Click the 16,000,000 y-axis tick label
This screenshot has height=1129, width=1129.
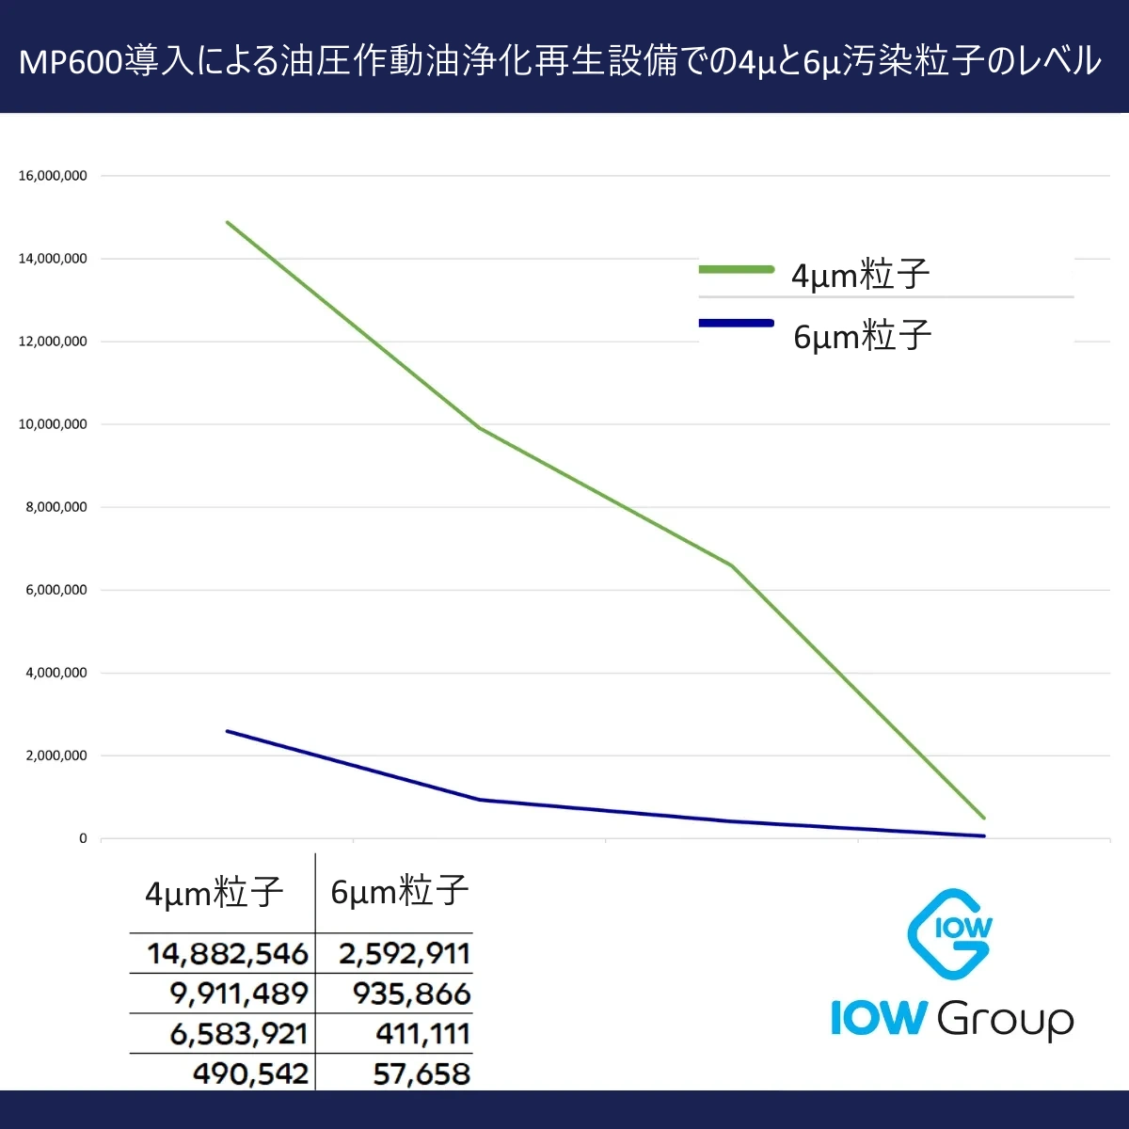[53, 176]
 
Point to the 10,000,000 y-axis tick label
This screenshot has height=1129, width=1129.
[53, 424]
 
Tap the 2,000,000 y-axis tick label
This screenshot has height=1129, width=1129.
[56, 755]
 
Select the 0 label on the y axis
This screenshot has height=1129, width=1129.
[83, 838]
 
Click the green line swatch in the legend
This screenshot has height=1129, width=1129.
[736, 270]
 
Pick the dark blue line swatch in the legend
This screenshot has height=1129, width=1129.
[736, 324]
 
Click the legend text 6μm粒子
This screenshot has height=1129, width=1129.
[862, 336]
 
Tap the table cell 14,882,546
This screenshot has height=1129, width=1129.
[227, 954]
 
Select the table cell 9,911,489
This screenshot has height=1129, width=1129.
[239, 994]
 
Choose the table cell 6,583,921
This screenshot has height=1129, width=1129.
[239, 1034]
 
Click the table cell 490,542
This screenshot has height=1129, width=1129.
[250, 1073]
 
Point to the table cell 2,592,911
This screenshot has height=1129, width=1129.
[405, 954]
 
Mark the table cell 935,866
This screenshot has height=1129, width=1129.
[411, 994]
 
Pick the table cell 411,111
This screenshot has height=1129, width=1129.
[422, 1034]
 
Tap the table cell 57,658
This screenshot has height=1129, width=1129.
[421, 1073]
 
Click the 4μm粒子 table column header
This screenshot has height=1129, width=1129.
[214, 892]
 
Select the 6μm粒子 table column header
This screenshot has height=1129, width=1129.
[399, 890]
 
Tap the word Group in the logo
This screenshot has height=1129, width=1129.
[1005, 1020]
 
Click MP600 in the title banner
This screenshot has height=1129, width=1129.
[71, 62]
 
